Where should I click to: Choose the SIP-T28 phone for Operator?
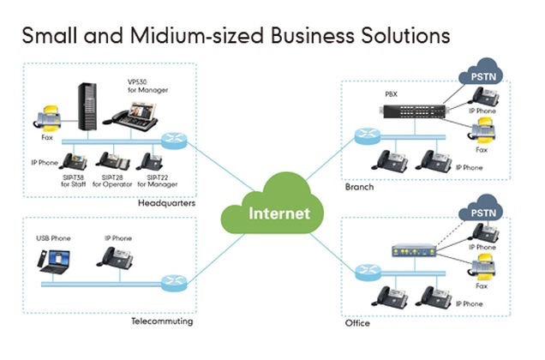(113, 161)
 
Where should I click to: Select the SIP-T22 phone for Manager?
(151, 161)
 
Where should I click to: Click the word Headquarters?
(166, 204)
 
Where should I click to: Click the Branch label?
(361, 186)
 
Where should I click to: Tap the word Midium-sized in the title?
(201, 35)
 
